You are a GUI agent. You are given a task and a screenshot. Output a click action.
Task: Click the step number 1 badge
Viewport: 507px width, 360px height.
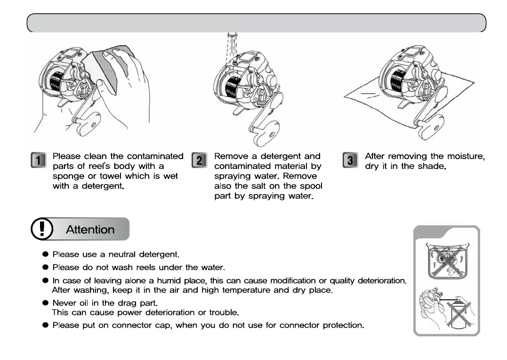click(39, 160)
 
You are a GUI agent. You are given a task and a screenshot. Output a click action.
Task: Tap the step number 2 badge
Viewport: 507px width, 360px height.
click(200, 160)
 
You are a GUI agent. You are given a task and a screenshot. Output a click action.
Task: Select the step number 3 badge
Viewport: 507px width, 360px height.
click(350, 160)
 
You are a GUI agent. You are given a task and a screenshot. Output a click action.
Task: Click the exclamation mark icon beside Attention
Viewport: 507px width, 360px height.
click(42, 229)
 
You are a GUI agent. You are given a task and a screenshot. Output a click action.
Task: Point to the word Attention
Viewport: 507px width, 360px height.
click(90, 230)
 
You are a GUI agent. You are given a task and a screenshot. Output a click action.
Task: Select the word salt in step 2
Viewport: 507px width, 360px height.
click(258, 186)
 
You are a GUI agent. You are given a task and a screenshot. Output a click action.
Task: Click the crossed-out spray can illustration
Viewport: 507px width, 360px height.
click(455, 313)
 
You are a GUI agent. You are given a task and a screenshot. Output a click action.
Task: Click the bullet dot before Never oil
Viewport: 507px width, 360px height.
click(46, 303)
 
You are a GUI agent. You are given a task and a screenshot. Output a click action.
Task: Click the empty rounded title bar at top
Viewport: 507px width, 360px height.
click(256, 23)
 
